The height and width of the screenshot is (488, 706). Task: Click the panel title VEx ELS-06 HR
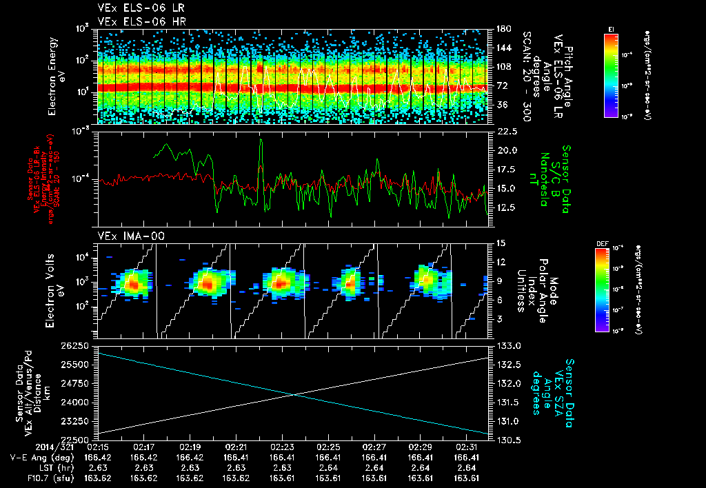(137, 21)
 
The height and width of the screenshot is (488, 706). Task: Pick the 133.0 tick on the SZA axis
(507, 345)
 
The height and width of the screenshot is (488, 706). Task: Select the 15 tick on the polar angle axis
(501, 243)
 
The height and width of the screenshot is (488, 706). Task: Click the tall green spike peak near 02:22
(261, 139)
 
